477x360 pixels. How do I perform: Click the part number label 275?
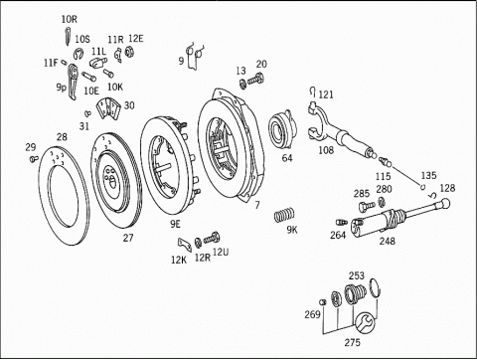[352, 342]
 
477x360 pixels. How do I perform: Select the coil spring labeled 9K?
[284, 215]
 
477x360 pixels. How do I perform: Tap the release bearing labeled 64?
[282, 130]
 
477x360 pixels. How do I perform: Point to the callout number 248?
[388, 241]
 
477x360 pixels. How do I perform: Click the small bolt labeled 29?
[33, 159]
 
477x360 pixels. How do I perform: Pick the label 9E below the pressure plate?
[175, 224]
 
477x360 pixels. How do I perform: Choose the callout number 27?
[128, 238]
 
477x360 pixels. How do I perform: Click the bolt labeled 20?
[255, 80]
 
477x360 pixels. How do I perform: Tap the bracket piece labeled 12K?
[185, 245]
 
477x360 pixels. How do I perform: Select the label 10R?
[70, 19]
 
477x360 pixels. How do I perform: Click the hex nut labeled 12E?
[129, 52]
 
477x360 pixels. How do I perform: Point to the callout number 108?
[326, 150]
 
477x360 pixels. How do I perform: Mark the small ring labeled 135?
[423, 187]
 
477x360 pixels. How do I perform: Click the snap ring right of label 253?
[375, 287]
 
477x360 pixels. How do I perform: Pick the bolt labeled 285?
[367, 206]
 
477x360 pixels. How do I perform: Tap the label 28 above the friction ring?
[62, 137]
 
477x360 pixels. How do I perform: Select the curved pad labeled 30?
[107, 108]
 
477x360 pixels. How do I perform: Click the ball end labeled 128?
[444, 202]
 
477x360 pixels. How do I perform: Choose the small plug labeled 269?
[324, 302]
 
